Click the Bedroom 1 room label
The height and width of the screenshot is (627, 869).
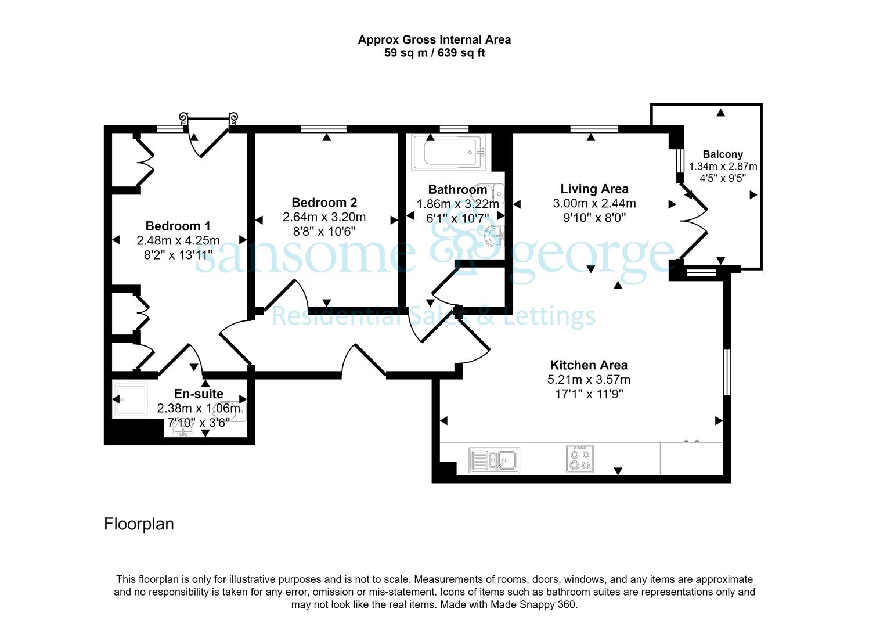tap(178, 226)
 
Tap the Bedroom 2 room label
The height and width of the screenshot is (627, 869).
tap(324, 203)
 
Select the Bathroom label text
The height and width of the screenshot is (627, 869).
tap(458, 190)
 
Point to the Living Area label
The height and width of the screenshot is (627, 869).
tap(594, 189)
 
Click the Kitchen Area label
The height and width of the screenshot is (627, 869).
tap(589, 365)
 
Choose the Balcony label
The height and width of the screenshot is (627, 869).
tap(723, 154)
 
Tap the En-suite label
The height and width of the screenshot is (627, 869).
tap(199, 394)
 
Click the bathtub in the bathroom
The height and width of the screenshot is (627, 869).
tap(449, 152)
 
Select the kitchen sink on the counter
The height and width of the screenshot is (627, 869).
tap(494, 460)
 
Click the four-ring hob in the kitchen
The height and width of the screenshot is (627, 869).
tap(580, 459)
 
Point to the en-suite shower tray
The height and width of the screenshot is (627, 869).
tap(131, 399)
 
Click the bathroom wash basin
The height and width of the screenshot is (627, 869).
tap(495, 236)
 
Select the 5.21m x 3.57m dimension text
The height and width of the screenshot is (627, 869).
tap(589, 380)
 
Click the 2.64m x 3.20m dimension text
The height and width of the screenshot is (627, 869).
tap(324, 217)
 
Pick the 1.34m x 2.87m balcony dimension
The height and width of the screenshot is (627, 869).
tap(723, 167)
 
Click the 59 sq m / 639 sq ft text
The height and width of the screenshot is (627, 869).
tap(434, 53)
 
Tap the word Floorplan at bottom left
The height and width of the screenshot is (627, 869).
tap(139, 524)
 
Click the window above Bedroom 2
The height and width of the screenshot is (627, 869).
tap(324, 129)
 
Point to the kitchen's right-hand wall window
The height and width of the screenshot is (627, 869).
tap(727, 373)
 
